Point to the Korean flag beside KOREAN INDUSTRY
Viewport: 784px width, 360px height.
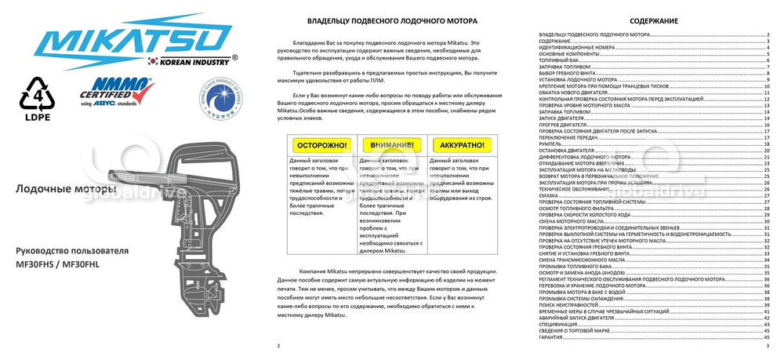(154, 61)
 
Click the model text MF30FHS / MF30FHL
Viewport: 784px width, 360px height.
(58, 264)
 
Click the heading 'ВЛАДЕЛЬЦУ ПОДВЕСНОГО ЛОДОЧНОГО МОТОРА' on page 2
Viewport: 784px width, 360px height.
(391, 20)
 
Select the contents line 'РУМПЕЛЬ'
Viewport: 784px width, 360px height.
(550, 144)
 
